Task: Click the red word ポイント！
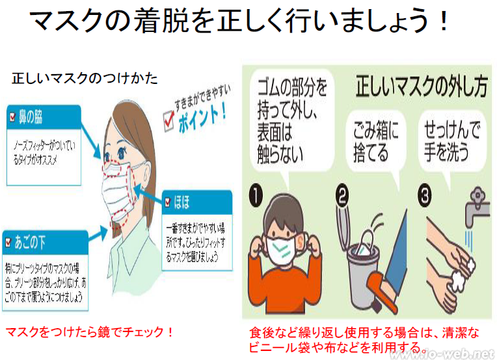[202, 117]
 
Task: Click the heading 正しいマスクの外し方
[420, 85]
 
